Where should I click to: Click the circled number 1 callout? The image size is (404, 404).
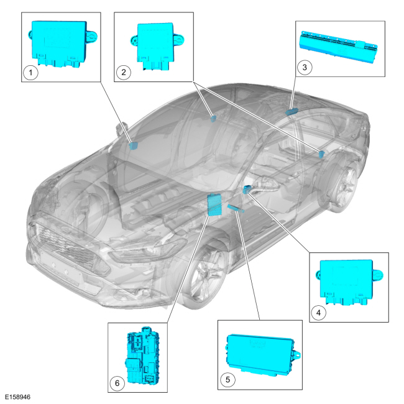(x=30, y=73)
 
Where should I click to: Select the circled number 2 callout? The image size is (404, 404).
(x=124, y=72)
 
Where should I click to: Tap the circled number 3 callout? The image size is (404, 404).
(x=305, y=68)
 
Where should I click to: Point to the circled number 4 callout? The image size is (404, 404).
(x=318, y=313)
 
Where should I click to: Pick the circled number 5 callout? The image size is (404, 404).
(x=227, y=380)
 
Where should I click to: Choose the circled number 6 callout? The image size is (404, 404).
(x=117, y=383)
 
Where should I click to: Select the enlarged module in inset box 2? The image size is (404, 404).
(x=157, y=46)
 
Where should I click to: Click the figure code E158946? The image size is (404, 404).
(x=17, y=397)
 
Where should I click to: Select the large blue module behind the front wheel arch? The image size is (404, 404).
(x=214, y=205)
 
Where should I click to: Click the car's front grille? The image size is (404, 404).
(x=73, y=246)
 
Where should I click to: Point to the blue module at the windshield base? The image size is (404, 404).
(x=134, y=145)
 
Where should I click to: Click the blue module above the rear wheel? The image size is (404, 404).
(x=322, y=154)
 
